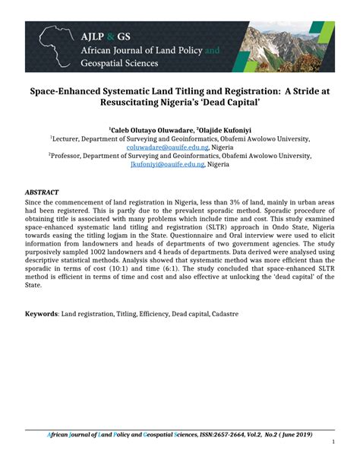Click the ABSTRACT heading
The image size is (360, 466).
(x=43, y=192)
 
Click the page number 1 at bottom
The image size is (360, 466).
(x=333, y=442)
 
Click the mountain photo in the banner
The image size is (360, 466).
(x=289, y=47)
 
